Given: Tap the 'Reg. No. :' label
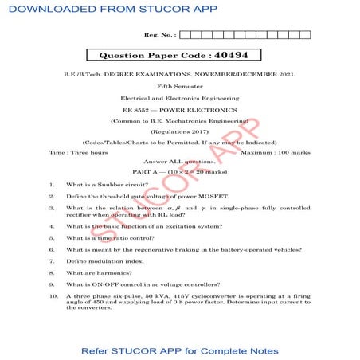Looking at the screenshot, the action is [x=159, y=35].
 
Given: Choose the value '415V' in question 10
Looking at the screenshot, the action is [x=166, y=295].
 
